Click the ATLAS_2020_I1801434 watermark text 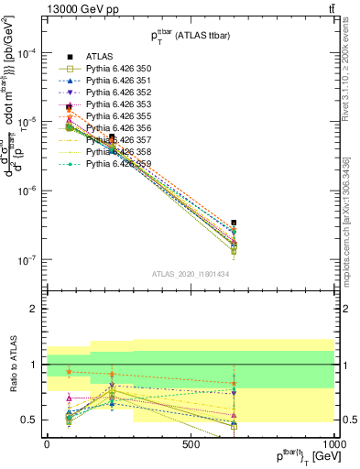coord(191,273)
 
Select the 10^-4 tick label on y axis coord(27,53)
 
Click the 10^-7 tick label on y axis coord(27,260)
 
